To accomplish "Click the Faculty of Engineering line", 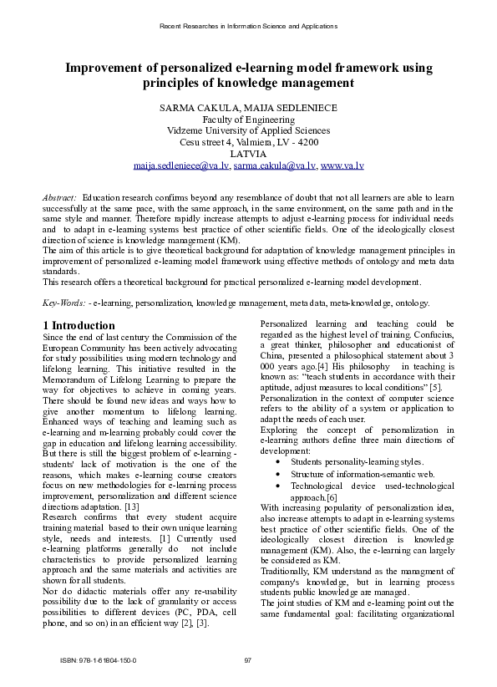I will pos(248,120).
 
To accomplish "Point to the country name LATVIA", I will pos(248,154).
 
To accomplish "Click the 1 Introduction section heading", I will pos(79,325).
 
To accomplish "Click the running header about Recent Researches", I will pos(248,26).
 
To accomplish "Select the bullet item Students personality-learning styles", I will pos(358,461).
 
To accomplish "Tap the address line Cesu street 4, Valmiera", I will pos(248,143).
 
